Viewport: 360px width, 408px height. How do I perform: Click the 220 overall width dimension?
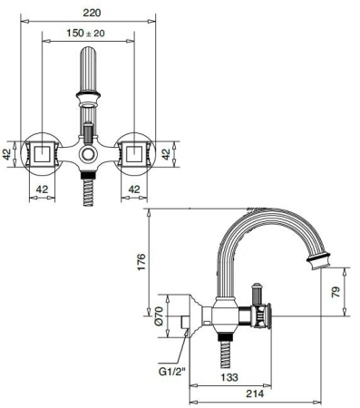(x=88, y=14)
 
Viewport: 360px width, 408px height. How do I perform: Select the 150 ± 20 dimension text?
(x=89, y=34)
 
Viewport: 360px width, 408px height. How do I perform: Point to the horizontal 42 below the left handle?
(x=41, y=189)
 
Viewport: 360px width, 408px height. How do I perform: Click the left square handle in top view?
(x=41, y=152)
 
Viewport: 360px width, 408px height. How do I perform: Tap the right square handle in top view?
(x=135, y=152)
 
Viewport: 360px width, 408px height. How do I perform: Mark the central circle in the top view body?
(x=88, y=156)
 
